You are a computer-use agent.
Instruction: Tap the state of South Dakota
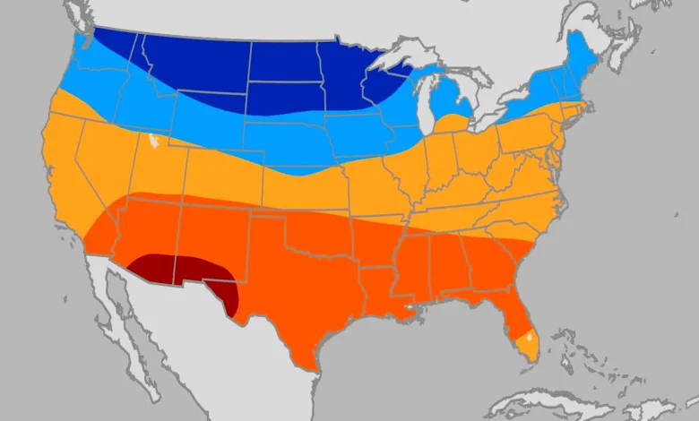pyautogui.click(x=282, y=99)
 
